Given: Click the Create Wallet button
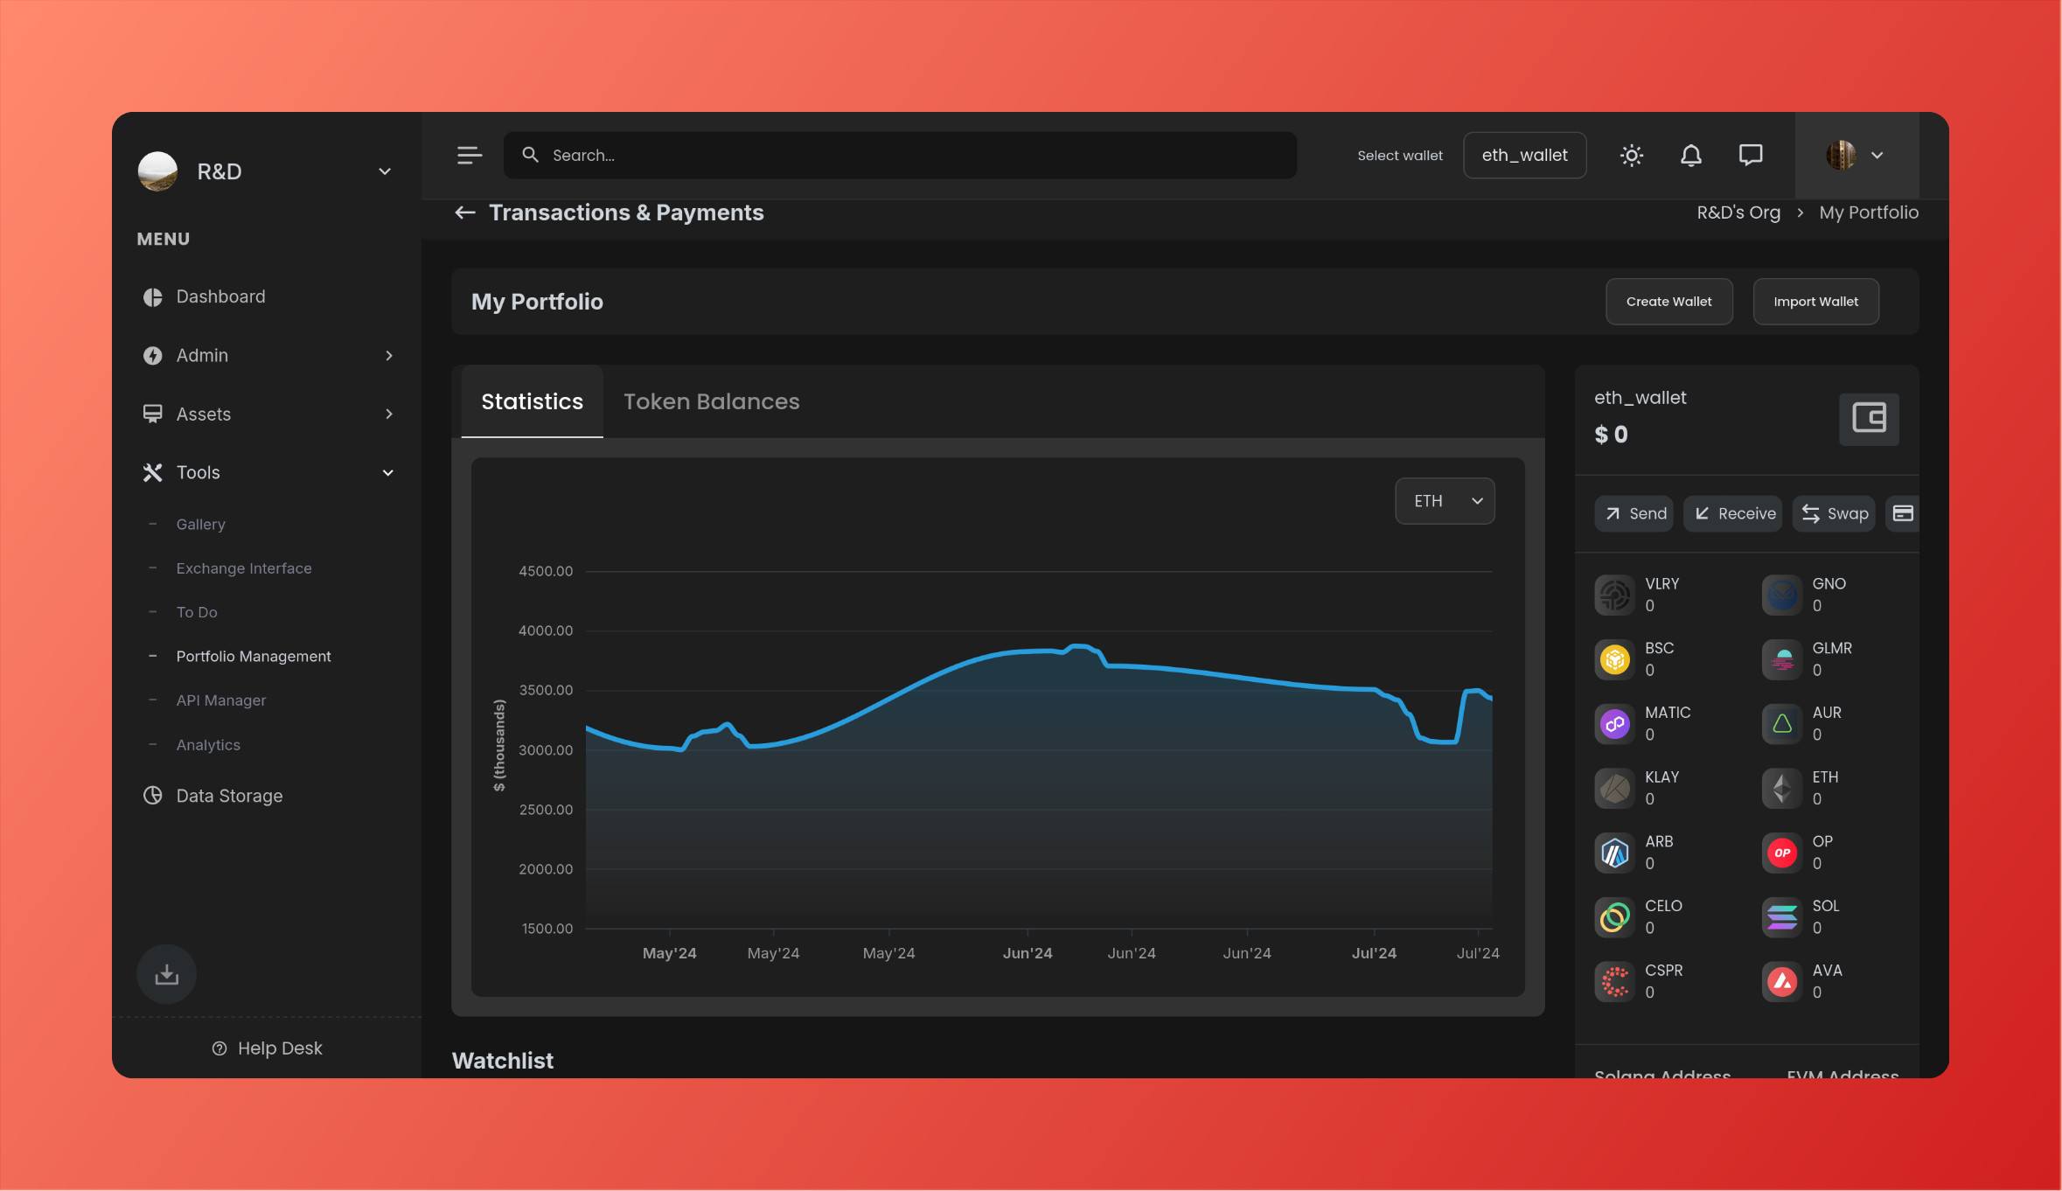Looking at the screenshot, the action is point(1668,302).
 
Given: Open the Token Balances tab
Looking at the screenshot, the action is point(711,401).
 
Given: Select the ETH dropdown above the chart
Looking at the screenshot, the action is point(1445,501).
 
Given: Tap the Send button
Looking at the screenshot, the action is point(1634,513).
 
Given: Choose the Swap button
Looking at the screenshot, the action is point(1834,513).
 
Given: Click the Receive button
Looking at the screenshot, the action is point(1733,513).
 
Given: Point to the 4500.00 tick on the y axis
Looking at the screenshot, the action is point(546,571).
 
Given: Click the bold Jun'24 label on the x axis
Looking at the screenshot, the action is point(1028,953).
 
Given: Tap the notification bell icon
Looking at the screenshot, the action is point(1691,156).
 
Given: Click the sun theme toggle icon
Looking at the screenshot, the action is point(1632,156).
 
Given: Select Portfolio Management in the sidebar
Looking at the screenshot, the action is point(254,656).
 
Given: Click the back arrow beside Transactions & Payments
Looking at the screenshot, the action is point(465,212).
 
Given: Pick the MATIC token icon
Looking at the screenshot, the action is point(1614,724).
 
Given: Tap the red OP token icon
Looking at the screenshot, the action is point(1782,853).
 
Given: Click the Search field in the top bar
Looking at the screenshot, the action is point(901,156).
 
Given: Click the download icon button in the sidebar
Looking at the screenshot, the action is point(166,974).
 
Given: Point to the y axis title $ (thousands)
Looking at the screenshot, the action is point(499,745).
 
